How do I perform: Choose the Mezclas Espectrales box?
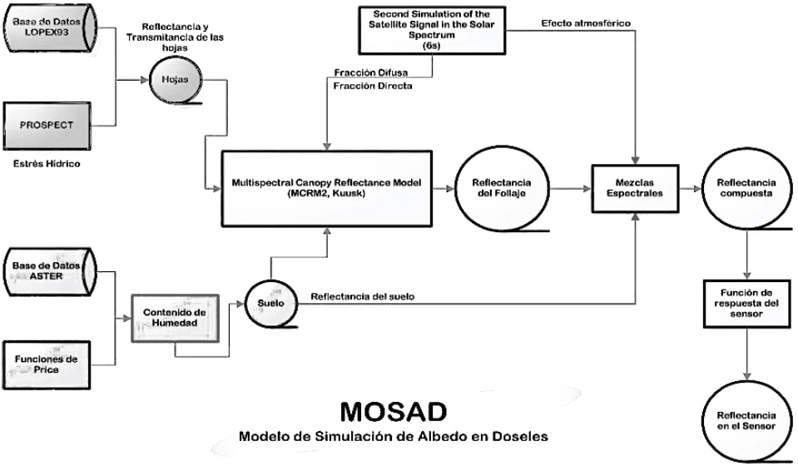(634, 189)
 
